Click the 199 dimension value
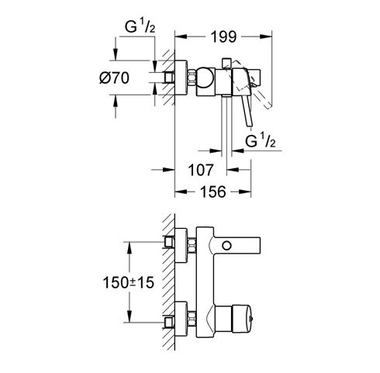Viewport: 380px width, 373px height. (223, 36)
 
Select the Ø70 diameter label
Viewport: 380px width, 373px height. (114, 78)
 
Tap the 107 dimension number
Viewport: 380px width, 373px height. (201, 170)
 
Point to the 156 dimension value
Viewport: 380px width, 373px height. (213, 192)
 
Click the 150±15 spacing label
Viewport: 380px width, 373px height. (129, 282)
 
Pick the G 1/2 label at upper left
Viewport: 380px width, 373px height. (140, 26)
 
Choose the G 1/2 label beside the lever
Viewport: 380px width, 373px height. (260, 140)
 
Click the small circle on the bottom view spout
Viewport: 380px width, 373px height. (226, 246)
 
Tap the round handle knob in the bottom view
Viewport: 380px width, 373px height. (241, 319)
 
